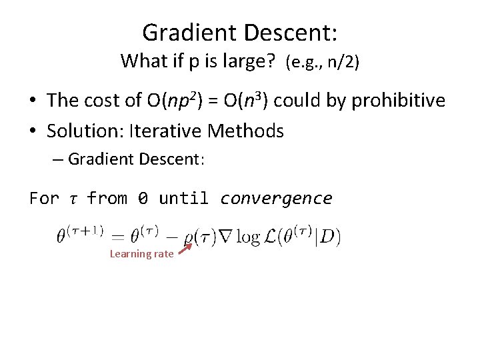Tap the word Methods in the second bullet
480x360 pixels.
(246, 131)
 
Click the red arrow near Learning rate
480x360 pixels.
(185, 249)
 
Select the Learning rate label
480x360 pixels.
(141, 253)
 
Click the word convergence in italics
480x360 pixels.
(276, 198)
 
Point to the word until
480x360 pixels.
(183, 198)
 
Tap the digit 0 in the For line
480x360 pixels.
(143, 198)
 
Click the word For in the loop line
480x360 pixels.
(43, 198)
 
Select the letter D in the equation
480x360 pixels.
(328, 237)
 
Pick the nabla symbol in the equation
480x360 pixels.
(227, 237)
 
